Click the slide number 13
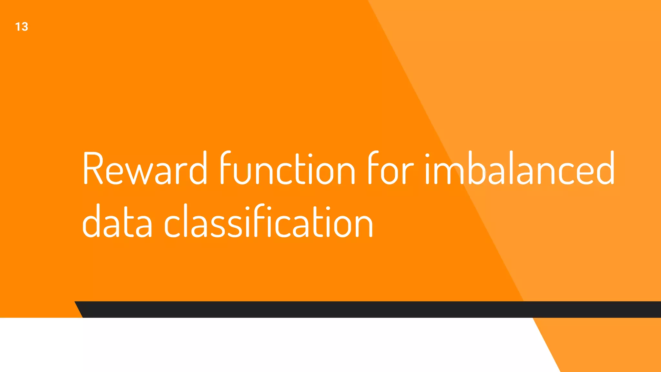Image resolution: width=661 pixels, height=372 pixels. point(22,27)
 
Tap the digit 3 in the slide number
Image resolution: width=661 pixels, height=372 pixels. point(25,27)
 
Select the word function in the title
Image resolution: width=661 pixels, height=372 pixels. point(287,169)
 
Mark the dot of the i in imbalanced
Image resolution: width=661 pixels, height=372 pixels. point(427,156)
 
